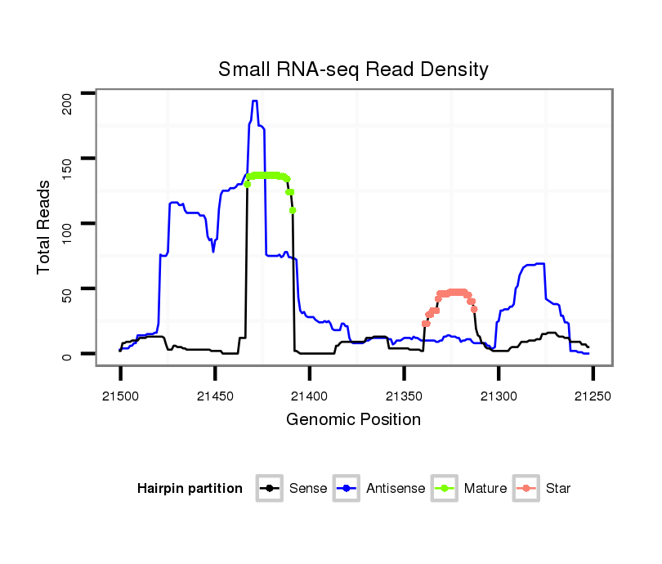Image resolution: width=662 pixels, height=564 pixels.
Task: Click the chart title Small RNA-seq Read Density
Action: click(353, 69)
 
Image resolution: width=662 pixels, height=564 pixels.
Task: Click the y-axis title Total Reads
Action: click(45, 226)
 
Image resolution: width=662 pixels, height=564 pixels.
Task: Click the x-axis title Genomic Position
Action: click(353, 420)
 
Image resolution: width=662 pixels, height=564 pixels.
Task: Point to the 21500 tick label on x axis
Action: click(120, 396)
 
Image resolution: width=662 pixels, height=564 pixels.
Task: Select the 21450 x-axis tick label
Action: click(215, 396)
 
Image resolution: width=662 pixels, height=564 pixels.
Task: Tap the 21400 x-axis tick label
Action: click(310, 396)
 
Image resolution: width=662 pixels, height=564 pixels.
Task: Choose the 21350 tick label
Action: click(405, 396)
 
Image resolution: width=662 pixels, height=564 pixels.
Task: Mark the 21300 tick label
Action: click(499, 396)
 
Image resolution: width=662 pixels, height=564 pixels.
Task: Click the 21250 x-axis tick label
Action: click(593, 396)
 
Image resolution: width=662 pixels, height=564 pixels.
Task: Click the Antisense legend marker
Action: click(346, 489)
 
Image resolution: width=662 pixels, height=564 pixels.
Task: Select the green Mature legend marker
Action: click(444, 489)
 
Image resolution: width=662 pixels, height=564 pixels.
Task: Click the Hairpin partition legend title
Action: click(190, 489)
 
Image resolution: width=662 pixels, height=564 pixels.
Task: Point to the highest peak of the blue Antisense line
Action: click(254, 101)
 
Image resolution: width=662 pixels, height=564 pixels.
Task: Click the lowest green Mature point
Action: click(293, 210)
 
